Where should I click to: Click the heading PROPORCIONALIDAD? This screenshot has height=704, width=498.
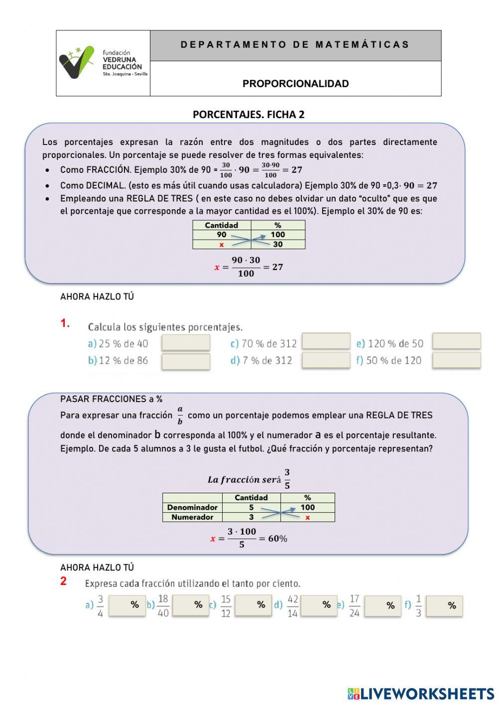[x=295, y=84]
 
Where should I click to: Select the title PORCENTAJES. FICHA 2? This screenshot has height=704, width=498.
[x=249, y=115]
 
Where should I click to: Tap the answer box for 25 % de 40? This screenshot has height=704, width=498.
[x=186, y=343]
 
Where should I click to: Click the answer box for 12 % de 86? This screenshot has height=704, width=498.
[x=186, y=361]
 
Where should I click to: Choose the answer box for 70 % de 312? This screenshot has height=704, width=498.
[x=326, y=341]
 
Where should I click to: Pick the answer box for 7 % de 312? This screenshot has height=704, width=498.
[x=326, y=360]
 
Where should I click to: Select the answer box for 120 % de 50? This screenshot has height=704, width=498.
[x=456, y=341]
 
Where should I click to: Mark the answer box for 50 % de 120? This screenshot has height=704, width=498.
[x=456, y=360]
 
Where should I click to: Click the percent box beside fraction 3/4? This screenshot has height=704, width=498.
[x=127, y=605]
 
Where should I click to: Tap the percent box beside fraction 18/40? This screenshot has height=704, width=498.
[x=190, y=605]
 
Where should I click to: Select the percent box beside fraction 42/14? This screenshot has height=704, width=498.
[x=319, y=605]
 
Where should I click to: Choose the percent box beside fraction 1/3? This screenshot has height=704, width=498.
[x=444, y=606]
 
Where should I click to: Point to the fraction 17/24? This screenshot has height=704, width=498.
[x=354, y=606]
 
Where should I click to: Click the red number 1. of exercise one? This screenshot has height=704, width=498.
[x=65, y=324]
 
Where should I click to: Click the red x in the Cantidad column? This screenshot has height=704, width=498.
[x=222, y=245]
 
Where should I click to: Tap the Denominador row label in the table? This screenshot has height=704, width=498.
[x=192, y=507]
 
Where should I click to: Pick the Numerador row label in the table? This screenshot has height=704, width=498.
[x=192, y=517]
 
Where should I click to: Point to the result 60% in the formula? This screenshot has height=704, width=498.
[x=277, y=539]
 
